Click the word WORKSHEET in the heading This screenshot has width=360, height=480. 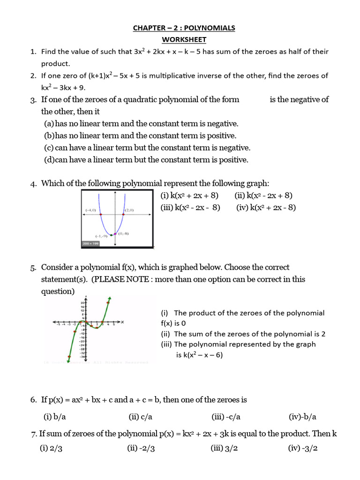coord(184,39)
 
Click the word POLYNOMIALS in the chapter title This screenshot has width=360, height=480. coord(210,28)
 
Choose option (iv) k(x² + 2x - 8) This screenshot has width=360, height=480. coord(266,208)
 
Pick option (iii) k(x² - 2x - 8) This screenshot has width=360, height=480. coord(190,208)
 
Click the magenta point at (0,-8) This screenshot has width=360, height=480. coord(115,233)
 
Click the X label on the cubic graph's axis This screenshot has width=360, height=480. coord(122,322)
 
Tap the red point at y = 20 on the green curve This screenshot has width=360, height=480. coord(108,303)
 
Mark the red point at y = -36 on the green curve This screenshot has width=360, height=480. coord(69,357)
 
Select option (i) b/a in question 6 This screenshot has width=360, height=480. coord(55,416)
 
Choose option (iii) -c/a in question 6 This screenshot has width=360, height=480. coord(226,416)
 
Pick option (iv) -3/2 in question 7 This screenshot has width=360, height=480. coord(303,448)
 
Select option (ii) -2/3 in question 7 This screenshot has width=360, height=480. coord(141,448)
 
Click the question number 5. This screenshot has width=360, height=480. coord(33,268)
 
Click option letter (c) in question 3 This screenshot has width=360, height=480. coord(49,148)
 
